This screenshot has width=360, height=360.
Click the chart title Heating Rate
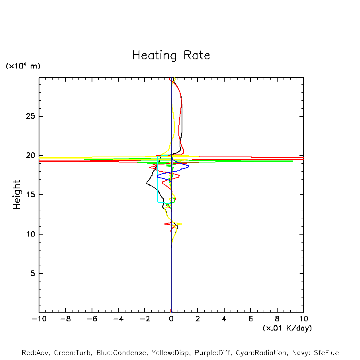pos(171,55)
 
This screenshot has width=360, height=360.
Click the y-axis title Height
pos(17,195)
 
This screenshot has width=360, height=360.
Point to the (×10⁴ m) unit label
pos(23,66)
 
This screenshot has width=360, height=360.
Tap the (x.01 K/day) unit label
pos(287,328)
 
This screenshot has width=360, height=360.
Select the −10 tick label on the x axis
pos(39,319)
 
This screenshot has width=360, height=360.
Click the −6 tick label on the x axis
pos(92,319)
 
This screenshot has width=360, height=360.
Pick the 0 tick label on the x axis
pos(171,319)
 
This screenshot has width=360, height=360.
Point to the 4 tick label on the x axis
pos(224,319)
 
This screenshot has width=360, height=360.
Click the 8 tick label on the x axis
pos(277,319)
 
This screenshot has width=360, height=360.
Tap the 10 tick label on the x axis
pos(303,319)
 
